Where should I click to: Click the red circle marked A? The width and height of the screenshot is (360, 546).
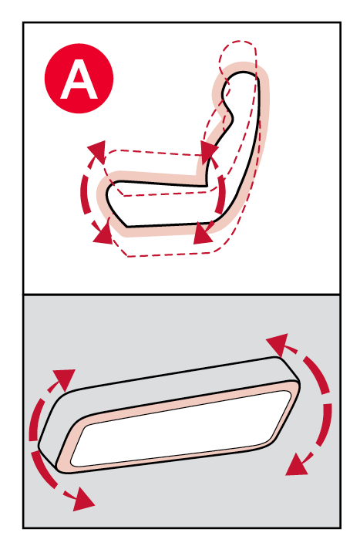[x=79, y=79]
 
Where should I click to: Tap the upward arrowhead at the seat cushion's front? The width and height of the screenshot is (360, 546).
[x=98, y=150]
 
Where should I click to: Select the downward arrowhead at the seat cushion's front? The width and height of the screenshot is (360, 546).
[x=103, y=234]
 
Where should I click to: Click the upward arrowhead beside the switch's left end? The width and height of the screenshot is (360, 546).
[x=65, y=379]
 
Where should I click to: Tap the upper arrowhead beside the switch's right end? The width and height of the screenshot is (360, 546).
[x=278, y=344]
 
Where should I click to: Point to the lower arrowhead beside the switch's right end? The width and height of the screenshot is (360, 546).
[x=296, y=465]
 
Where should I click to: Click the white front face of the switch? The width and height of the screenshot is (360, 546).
[x=181, y=428]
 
